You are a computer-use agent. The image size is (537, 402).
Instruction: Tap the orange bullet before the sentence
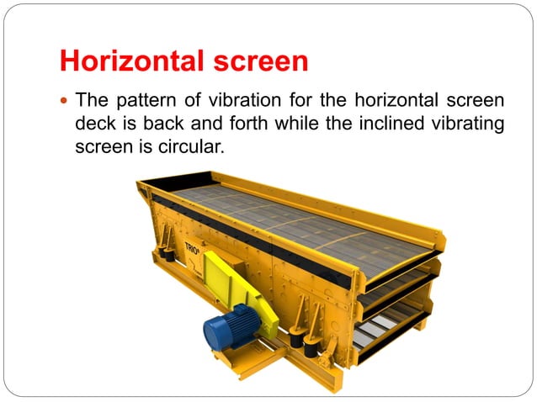(64, 101)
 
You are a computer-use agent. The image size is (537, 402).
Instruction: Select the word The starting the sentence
(91, 101)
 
